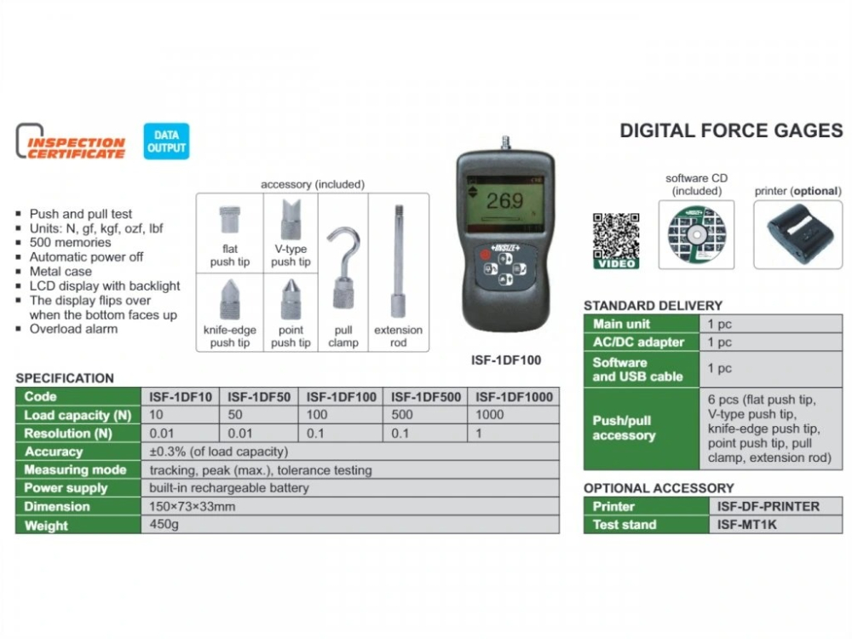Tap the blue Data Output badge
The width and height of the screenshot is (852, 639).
click(x=166, y=141)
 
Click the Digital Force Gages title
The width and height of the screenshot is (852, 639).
click(x=731, y=130)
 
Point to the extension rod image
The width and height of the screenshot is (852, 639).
click(x=398, y=260)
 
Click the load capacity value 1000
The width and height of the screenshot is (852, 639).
click(x=492, y=415)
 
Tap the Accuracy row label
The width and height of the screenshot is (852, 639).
click(x=54, y=452)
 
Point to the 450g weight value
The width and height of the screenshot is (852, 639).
click(x=164, y=525)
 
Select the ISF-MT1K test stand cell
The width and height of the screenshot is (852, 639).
click(x=744, y=525)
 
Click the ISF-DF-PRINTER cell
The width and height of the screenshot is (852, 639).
click(x=763, y=506)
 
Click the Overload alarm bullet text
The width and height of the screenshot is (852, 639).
click(x=74, y=329)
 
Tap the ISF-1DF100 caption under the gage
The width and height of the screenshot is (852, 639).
click(x=505, y=360)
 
